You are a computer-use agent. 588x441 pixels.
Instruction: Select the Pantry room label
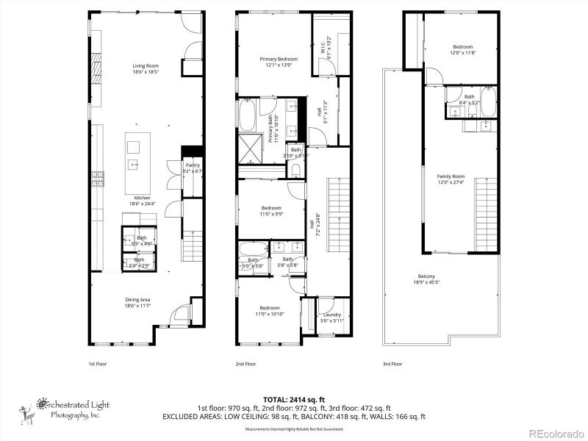(x=192, y=168)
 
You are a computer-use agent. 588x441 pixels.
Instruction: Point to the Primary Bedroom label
(x=279, y=62)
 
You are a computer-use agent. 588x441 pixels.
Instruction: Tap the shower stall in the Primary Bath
(x=252, y=149)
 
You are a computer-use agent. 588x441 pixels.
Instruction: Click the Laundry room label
(x=332, y=318)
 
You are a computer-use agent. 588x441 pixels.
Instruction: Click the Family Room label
(x=451, y=179)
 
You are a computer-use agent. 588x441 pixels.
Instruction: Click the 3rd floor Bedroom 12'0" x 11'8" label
(x=462, y=49)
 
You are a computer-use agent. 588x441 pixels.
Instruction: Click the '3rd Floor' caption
(x=392, y=364)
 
